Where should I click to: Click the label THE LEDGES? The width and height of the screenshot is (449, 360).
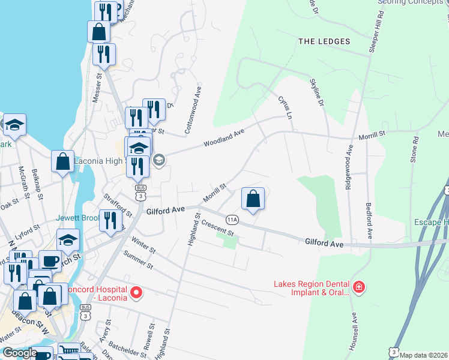click(x=324, y=41)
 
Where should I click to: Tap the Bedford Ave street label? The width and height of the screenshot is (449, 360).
click(x=369, y=219)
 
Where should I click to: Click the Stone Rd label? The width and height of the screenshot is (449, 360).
click(x=414, y=150)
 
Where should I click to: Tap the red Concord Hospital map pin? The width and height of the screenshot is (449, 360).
click(x=136, y=293)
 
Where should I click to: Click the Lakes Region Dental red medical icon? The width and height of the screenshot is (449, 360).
click(x=358, y=288)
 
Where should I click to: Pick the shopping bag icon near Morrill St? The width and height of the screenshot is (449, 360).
click(x=253, y=199)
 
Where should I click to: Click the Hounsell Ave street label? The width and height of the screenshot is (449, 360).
click(x=355, y=331)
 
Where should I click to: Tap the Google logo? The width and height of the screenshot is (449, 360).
click(x=20, y=353)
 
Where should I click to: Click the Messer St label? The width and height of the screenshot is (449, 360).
click(x=99, y=88)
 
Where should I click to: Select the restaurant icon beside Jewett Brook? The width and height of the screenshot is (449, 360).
click(x=109, y=220)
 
